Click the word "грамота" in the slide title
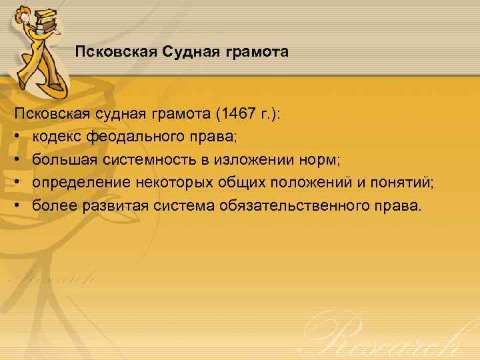click(260, 51)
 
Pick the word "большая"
click(60, 160)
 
